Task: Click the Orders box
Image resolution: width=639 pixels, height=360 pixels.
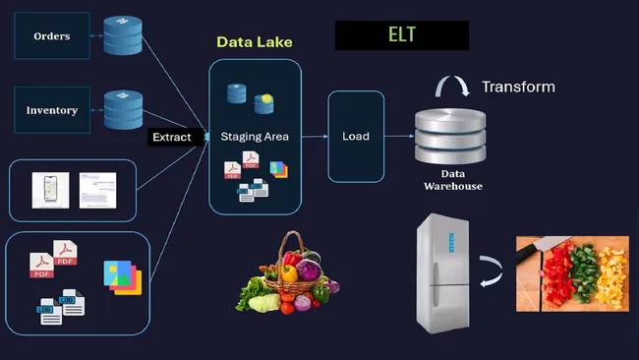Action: point(51,36)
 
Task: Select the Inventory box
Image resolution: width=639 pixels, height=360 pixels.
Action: point(51,111)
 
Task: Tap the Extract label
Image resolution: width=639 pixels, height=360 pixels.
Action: point(178,137)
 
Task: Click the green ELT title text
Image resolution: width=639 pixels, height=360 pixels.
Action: point(401,35)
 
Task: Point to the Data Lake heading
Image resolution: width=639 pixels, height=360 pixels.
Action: point(255,43)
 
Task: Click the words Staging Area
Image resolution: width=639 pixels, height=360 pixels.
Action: point(255,137)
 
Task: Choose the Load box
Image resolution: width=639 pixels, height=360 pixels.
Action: point(355,136)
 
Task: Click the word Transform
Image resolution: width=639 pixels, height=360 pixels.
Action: point(518,88)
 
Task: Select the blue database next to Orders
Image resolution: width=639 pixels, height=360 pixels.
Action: point(123,35)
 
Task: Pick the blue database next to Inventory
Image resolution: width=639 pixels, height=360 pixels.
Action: point(123,109)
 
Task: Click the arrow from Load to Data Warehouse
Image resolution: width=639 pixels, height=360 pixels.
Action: point(397,136)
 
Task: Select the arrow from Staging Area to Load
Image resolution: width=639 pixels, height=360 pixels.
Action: point(314,136)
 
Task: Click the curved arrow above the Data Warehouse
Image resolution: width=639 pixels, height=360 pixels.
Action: point(453,88)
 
